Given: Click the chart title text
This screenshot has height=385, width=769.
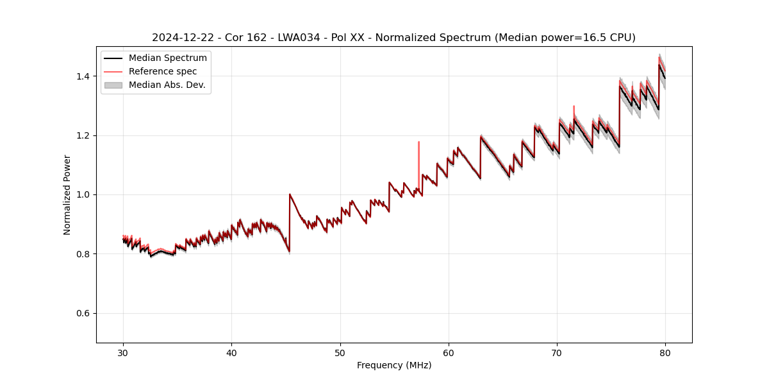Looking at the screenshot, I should coord(393,38).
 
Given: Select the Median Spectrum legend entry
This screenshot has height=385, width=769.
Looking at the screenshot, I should coord(167,58).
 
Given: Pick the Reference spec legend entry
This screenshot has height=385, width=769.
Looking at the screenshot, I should coord(163,71).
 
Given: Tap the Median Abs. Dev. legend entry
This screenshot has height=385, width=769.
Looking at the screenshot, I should coord(167,85).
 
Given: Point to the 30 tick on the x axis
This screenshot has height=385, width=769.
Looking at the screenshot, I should coord(124,352).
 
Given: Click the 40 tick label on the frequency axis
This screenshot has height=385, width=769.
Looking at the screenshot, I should coord(232,352).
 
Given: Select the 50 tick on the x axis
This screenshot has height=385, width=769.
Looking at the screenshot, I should coord(340,352).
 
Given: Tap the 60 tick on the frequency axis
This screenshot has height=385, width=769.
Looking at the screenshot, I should coord(449,352).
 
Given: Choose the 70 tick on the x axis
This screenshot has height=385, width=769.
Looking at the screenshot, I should coord(557,352).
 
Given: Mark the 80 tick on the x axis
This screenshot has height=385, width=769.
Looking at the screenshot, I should coord(665,352).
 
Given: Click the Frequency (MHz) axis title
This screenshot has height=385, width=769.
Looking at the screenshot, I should coord(394,365).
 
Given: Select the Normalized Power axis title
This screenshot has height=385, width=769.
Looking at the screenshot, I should coord(67,194).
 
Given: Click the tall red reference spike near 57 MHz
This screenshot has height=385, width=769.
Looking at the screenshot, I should coord(418,154).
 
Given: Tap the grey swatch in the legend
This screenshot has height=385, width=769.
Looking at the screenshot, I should coord(113,85).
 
